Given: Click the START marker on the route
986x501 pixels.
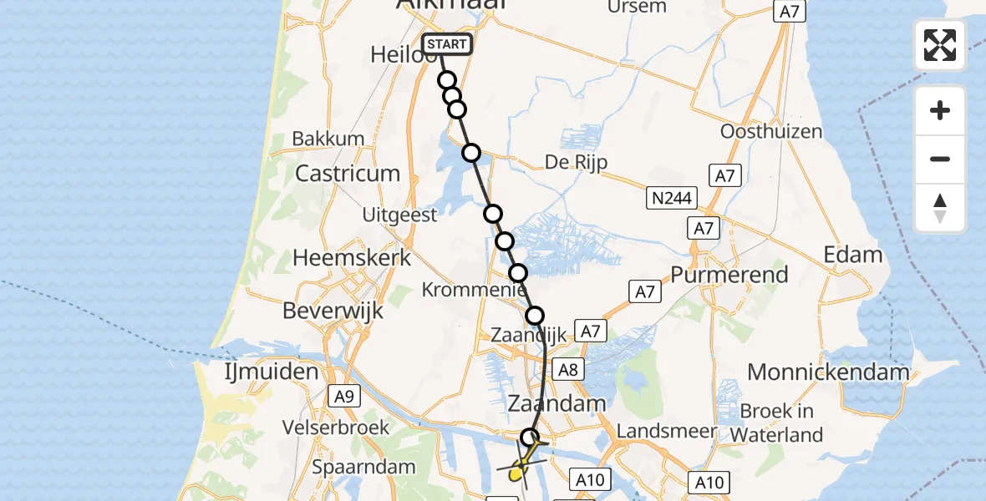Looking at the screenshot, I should coord(448,44).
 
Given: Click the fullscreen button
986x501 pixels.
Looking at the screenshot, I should coord(940,45).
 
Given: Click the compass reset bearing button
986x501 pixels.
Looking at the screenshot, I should coord(940,208).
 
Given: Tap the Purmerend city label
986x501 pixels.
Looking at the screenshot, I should coord(729,275).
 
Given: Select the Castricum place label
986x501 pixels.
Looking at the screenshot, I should coord(347,175).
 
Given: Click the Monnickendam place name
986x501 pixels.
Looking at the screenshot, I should coord(828,372).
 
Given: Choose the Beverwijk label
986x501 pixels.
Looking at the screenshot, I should coord(333,311).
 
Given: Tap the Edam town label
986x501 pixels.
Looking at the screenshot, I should coord(853,255).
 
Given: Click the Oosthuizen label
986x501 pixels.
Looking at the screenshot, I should coord(771,132).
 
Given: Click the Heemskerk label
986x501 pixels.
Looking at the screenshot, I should coord(351,258).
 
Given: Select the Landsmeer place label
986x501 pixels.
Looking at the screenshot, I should coord(666,431).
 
